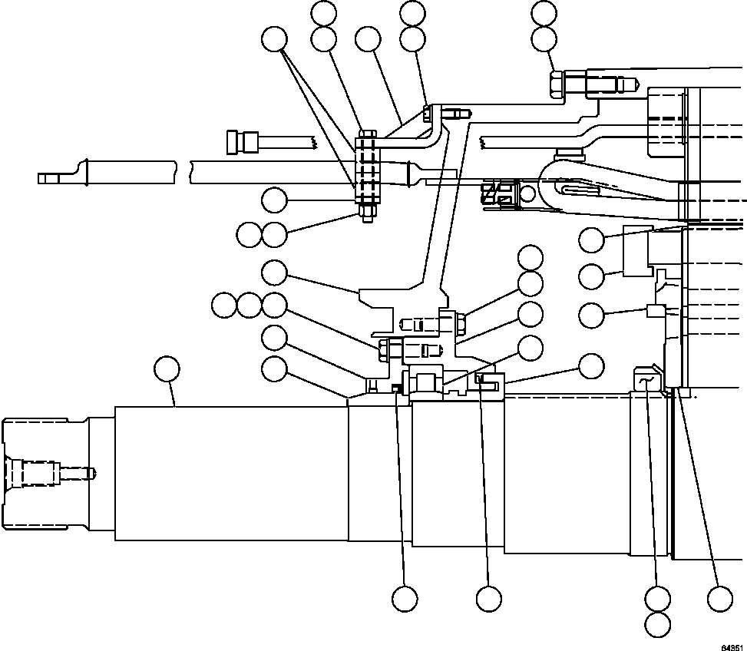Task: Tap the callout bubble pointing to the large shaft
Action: [167, 368]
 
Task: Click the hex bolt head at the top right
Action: [558, 84]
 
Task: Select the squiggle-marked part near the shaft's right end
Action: [644, 382]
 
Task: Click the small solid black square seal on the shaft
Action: [396, 387]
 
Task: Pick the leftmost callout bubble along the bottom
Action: [405, 597]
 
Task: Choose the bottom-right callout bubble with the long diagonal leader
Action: [719, 597]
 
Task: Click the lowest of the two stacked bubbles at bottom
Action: [657, 623]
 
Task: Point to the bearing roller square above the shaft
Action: [425, 381]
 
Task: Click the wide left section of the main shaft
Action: [230, 472]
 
